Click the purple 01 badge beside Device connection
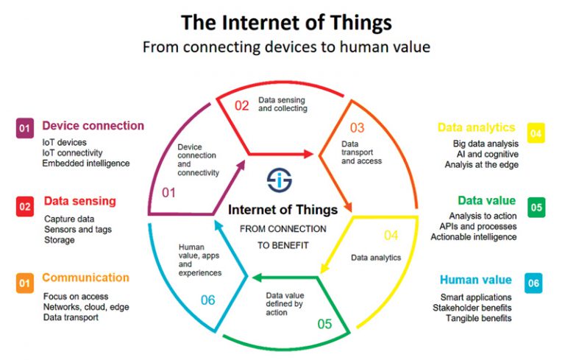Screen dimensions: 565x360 pos(25,128)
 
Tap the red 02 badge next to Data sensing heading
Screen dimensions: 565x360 pos(25,207)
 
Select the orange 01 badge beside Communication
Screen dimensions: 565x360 pos(25,283)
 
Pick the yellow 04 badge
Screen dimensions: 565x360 pos(536,133)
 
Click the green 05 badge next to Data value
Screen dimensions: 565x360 pos(536,208)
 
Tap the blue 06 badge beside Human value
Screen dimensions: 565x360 pos(533,283)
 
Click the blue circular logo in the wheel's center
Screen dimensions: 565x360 pos(280,180)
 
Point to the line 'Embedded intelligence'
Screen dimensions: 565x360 pos(86,163)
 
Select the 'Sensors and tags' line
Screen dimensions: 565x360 pos(78,230)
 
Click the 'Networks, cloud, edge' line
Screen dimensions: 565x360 pos(86,307)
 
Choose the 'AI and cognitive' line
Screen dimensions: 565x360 pos(488,155)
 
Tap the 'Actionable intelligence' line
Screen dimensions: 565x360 pos(474,237)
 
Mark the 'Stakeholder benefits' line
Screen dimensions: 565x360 pos(472,308)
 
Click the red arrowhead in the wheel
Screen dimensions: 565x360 pos(308,154)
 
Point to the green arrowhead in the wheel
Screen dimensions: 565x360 pos(257,278)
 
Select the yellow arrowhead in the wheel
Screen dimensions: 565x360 pos(324,268)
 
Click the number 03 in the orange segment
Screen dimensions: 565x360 pos(357,127)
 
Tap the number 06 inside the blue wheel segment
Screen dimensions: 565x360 pos(208,300)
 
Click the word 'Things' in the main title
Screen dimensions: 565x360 pos(361,23)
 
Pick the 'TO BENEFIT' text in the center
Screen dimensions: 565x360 pos(282,246)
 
